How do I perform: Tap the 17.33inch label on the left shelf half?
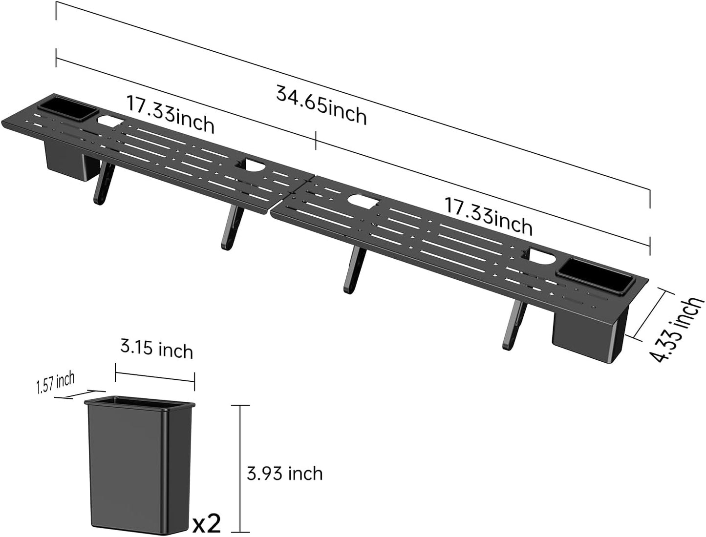click(x=171, y=114)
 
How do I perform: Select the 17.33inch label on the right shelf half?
click(x=488, y=216)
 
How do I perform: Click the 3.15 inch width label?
click(x=157, y=350)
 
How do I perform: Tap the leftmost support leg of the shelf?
click(x=103, y=183)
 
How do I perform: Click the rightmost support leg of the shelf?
click(x=512, y=325)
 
